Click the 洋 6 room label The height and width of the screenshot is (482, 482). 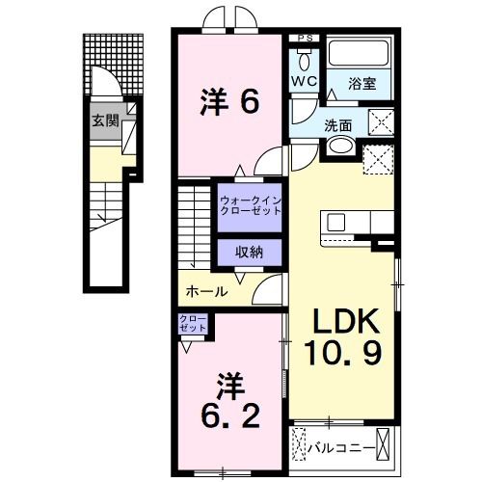click(x=229, y=100)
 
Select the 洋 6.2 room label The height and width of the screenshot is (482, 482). click(x=229, y=403)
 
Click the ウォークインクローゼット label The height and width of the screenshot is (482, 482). click(x=250, y=205)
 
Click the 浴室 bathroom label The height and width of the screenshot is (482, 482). click(x=361, y=85)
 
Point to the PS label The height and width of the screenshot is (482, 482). click(x=305, y=39)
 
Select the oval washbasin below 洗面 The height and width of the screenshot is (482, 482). click(x=339, y=147)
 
